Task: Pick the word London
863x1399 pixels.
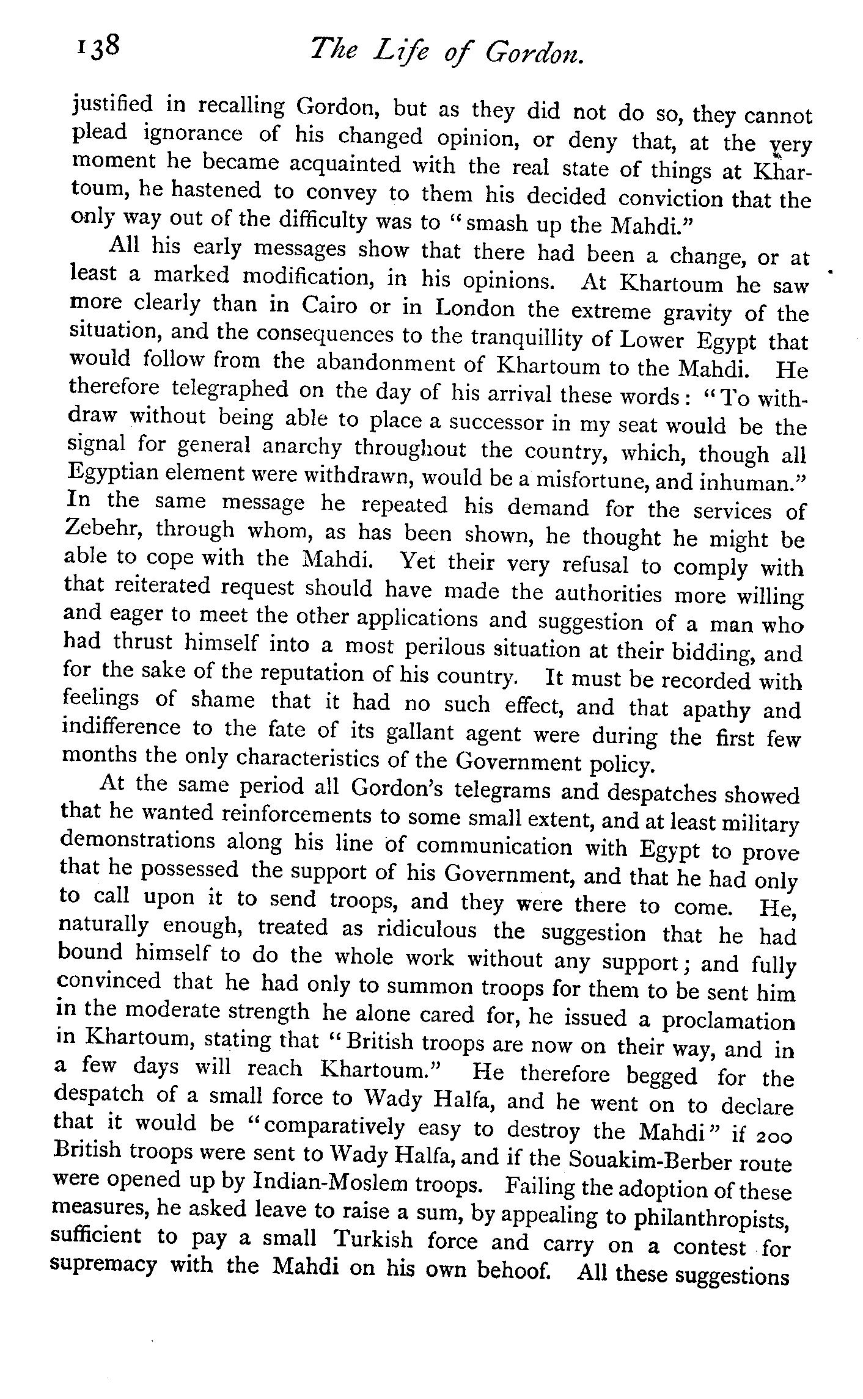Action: [475, 309]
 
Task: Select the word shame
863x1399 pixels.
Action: [222, 700]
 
